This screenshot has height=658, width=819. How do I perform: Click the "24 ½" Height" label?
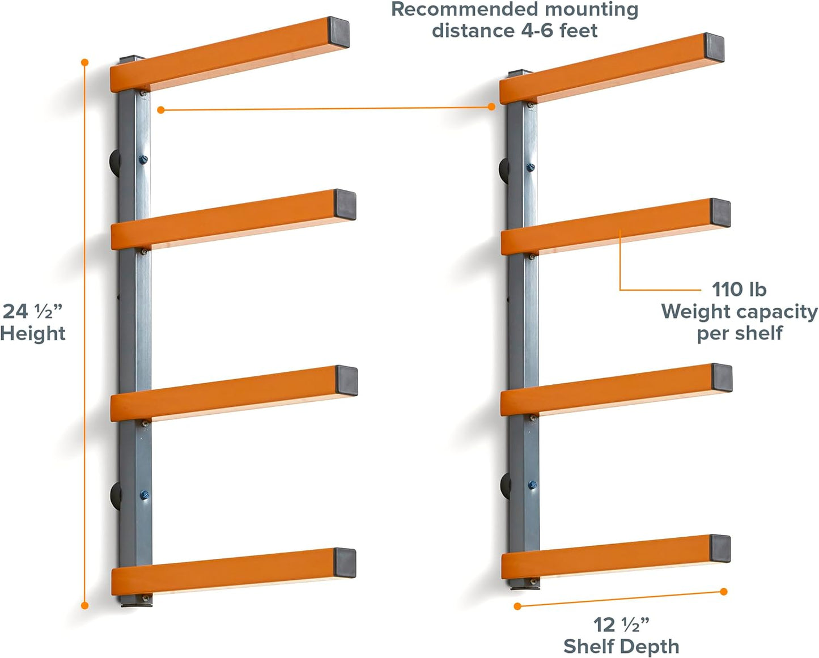coord(33,322)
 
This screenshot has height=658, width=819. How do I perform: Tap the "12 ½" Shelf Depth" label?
coord(621,635)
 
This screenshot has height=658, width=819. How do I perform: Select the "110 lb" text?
coord(739,290)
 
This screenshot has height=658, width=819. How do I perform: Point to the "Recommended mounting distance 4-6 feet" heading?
coord(515,20)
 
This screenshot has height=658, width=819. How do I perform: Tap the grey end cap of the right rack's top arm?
coord(714,47)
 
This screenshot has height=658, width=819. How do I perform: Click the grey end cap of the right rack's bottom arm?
coord(720,549)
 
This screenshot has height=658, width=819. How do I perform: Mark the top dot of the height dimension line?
coord(85,62)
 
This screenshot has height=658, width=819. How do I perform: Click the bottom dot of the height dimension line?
coord(85,605)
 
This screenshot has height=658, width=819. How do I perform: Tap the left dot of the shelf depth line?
coord(517,606)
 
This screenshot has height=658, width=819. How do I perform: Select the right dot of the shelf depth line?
coord(724,592)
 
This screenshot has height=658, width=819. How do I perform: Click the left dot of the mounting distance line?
coord(161,110)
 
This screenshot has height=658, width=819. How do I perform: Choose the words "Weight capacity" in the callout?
coord(739,312)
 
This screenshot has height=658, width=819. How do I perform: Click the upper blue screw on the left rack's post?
coord(143,159)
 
